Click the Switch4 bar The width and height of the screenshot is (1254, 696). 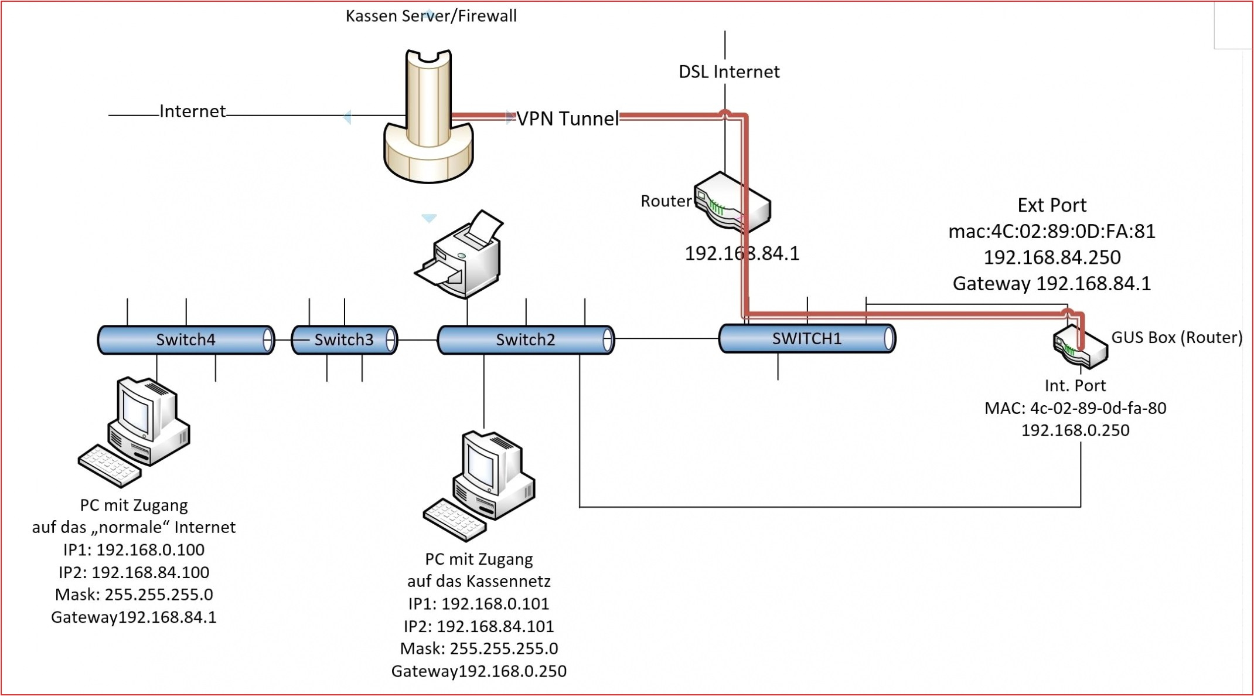[186, 339]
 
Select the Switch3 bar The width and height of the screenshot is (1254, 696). [344, 339]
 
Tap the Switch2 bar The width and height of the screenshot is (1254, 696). [526, 339]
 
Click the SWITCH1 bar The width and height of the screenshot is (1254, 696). [807, 338]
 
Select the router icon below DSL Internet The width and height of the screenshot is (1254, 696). [732, 202]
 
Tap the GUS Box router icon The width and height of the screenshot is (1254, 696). [1080, 347]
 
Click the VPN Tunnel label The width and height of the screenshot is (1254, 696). [567, 118]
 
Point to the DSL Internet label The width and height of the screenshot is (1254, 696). [729, 72]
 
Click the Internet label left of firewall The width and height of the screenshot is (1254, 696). [192, 111]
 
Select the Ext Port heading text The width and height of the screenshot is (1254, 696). [1052, 205]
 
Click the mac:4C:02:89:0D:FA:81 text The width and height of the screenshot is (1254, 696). [1052, 232]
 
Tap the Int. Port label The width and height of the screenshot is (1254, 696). [1075, 385]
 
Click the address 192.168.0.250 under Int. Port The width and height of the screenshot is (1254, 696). [1075, 430]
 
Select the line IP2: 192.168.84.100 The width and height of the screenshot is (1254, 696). [134, 572]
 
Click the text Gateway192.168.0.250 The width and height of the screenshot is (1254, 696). [479, 671]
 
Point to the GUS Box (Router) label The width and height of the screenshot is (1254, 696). [1177, 337]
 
